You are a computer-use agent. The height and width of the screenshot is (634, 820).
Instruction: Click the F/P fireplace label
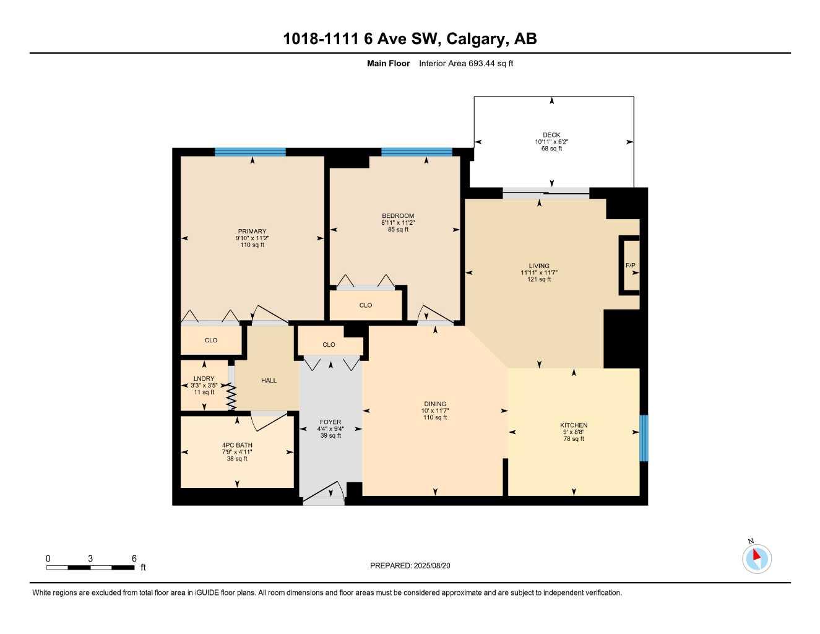pyautogui.click(x=630, y=265)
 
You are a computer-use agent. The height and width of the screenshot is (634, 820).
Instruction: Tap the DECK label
pyautogui.click(x=551, y=135)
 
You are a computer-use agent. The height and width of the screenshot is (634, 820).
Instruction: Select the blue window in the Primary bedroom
pyautogui.click(x=250, y=152)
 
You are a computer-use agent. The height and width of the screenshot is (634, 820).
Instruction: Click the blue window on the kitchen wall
pyautogui.click(x=644, y=438)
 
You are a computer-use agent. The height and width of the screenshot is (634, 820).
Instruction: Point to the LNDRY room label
pyautogui.click(x=204, y=378)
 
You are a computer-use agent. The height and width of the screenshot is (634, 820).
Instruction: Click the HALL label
pyautogui.click(x=269, y=380)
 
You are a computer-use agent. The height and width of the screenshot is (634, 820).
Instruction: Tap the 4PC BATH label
pyautogui.click(x=237, y=445)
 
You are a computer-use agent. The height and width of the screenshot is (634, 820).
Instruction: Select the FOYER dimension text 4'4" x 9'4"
pyautogui.click(x=330, y=428)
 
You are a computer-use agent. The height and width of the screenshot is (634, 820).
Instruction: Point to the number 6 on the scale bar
pyautogui.click(x=134, y=558)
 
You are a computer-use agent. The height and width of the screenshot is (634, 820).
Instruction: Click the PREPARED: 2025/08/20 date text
pyautogui.click(x=410, y=566)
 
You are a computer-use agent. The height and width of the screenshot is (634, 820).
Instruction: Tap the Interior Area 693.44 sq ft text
pyautogui.click(x=466, y=63)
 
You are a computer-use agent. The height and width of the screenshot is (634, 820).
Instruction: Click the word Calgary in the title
pyautogui.click(x=475, y=39)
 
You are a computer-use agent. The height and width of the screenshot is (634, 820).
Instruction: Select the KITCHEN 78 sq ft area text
pyautogui.click(x=574, y=438)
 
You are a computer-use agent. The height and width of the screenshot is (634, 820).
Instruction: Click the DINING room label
pyautogui.click(x=435, y=404)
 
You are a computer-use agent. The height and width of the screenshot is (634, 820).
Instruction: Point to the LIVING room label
pyautogui.click(x=539, y=266)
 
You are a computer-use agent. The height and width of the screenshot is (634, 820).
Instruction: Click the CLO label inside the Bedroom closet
pyautogui.click(x=366, y=305)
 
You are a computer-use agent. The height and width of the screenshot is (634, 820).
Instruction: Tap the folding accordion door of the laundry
pyautogui.click(x=231, y=396)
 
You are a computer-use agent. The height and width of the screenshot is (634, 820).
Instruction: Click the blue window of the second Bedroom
pyautogui.click(x=416, y=152)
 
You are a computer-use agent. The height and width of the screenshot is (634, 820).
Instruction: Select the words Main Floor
pyautogui.click(x=388, y=63)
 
